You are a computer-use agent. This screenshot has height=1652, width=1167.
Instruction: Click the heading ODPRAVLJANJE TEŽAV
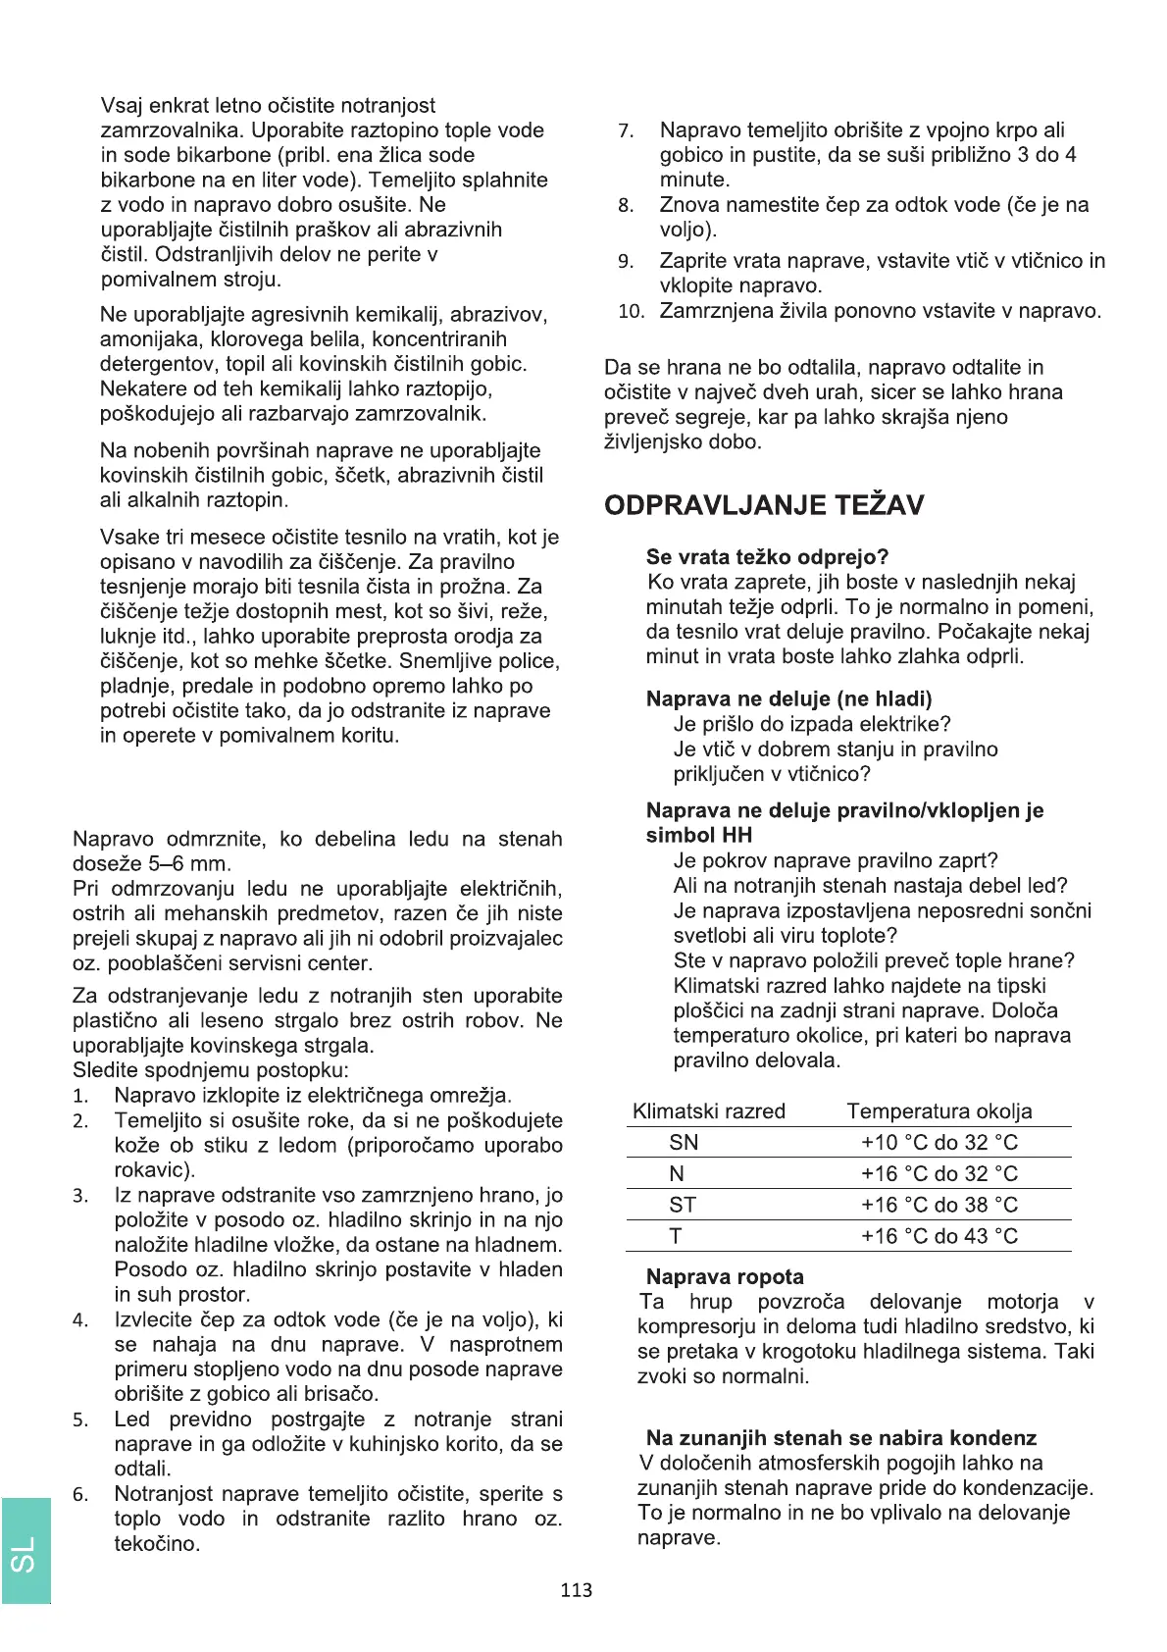pos(764,505)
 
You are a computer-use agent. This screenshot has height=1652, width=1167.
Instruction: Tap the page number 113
pos(577,1590)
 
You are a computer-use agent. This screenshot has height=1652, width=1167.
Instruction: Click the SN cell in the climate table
pos(684,1143)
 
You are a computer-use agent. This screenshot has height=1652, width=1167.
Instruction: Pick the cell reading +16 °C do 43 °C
pos(939,1236)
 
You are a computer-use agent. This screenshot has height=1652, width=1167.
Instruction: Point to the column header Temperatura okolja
pos(939,1111)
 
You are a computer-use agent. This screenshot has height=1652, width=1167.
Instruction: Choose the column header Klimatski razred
pos(708,1111)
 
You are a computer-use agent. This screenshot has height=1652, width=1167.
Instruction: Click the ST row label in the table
pos(683,1206)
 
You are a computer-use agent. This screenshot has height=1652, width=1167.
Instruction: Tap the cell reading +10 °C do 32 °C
pos(939,1143)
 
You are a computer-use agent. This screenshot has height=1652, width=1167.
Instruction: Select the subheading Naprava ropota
pos(725,1276)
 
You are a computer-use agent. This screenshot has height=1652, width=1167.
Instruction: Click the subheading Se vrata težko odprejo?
pos(767,557)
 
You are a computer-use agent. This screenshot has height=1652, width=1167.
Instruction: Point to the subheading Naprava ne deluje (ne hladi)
pos(788,698)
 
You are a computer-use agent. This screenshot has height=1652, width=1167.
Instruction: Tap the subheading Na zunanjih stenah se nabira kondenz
pos(840,1438)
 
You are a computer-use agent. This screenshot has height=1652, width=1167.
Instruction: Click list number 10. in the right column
pos(631,312)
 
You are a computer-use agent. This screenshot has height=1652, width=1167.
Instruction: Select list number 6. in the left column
pos(80,1495)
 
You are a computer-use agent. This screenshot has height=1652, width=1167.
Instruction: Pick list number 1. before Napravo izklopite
pos(80,1097)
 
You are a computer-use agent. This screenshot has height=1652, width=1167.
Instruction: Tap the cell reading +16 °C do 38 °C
pos(939,1206)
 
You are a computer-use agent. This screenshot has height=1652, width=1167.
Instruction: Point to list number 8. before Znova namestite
pos(626,206)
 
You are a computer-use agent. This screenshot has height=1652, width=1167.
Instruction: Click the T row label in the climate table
pos(676,1236)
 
